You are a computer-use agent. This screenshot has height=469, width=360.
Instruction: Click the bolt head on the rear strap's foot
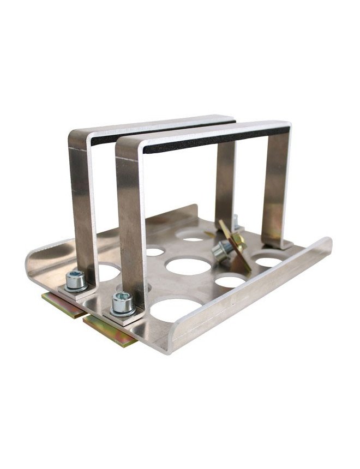coord(75,280)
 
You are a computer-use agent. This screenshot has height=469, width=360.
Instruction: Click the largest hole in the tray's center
coord(189,266)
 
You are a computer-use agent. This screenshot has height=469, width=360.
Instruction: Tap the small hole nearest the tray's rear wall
coord(193,238)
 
